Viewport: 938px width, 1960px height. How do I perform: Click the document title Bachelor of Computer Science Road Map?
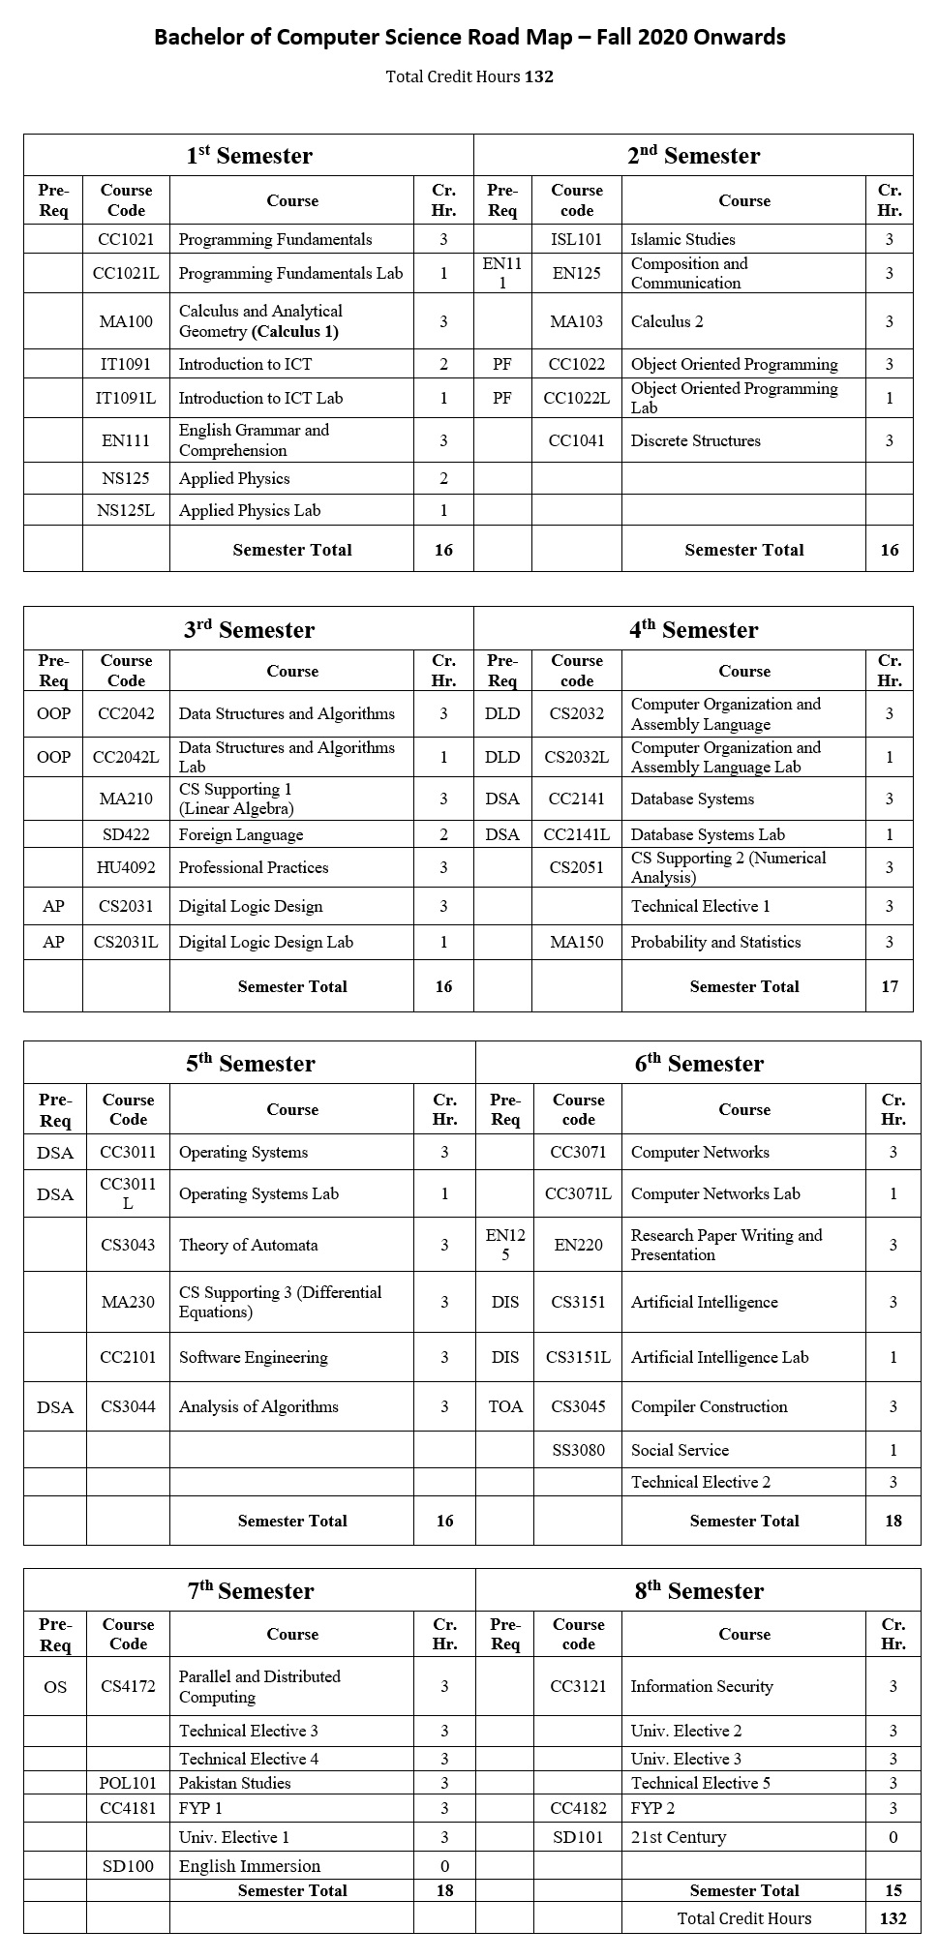(469, 38)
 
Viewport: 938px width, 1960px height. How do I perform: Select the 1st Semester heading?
(249, 156)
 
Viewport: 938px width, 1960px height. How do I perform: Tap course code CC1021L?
(126, 273)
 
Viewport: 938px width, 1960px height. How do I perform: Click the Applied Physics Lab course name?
(250, 510)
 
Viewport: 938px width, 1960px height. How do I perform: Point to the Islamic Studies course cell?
(682, 239)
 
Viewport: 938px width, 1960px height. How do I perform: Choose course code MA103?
(576, 321)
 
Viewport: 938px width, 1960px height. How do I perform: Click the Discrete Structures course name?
(695, 440)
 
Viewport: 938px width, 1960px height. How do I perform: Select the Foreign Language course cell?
(241, 834)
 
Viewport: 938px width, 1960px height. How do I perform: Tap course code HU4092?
(126, 867)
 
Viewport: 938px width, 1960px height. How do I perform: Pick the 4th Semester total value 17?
(889, 986)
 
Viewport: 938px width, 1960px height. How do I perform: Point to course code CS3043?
(128, 1245)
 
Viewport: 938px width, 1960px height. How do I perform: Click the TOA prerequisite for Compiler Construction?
(505, 1406)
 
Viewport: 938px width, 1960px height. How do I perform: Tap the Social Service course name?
(680, 1450)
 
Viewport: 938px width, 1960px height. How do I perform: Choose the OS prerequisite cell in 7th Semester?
(55, 1686)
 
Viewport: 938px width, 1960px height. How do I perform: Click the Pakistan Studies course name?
(234, 1783)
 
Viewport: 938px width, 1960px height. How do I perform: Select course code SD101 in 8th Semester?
(578, 1837)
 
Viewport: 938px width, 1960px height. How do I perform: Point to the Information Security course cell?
(702, 1686)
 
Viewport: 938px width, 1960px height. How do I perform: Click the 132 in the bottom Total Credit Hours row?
(893, 1918)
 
